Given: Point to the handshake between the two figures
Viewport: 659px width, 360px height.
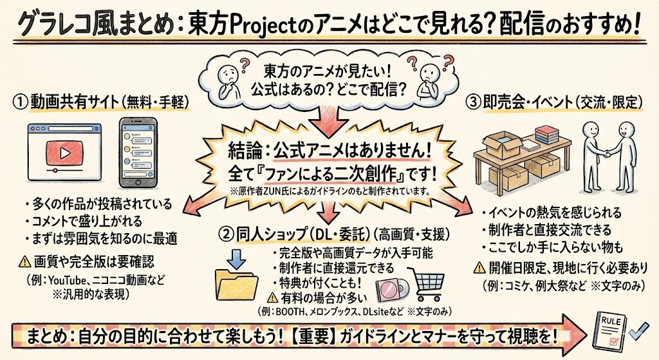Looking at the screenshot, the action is [608, 155].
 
